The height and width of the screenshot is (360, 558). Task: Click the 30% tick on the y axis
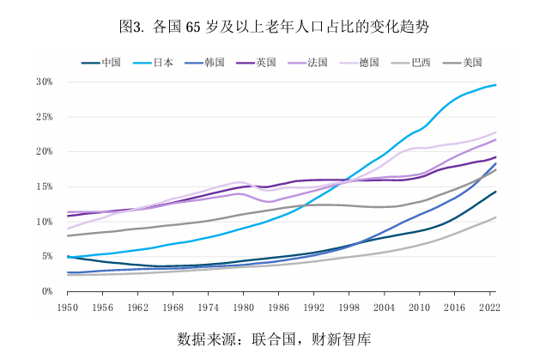pos(45,82)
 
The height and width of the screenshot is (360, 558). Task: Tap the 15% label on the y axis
pos(45,186)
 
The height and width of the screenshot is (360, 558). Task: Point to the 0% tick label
pos(47,291)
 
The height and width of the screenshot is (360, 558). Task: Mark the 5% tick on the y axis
pos(47,256)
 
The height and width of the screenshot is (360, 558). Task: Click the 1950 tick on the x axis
pos(68,306)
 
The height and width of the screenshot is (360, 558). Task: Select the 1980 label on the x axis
pos(244,306)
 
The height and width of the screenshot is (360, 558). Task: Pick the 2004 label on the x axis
pos(385,306)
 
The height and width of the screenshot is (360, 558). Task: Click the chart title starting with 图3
pos(278,27)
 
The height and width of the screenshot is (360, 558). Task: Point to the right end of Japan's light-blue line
pos(496,85)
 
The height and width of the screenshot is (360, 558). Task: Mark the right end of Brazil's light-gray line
pos(496,217)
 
